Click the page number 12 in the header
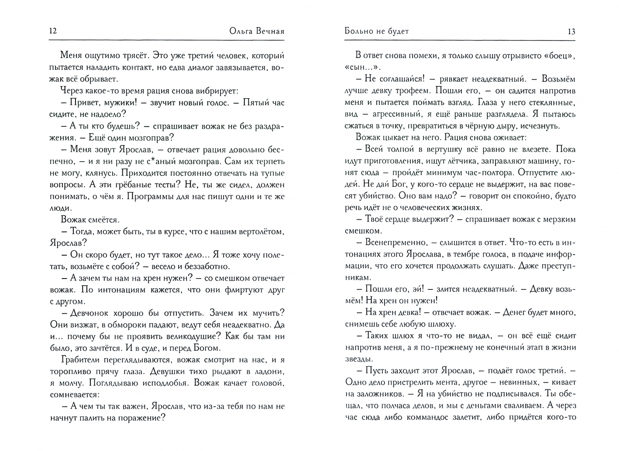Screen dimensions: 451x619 [x=53, y=31]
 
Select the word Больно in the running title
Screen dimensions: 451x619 [x=360, y=31]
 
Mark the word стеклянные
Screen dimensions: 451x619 [x=551, y=102]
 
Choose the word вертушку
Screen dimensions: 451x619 [x=437, y=149]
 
